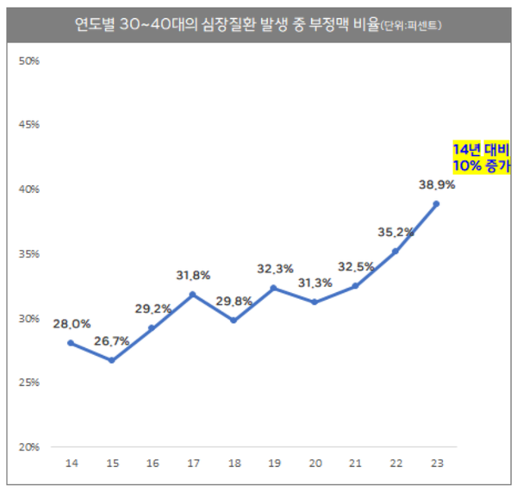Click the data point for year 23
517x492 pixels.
point(437,203)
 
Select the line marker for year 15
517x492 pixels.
point(111,360)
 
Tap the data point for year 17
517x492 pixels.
point(193,294)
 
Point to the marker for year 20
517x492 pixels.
point(315,302)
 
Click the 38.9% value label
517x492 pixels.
point(436,184)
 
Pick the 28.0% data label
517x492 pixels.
point(72,323)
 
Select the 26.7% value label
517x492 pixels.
point(111,341)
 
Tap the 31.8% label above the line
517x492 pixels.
point(192,276)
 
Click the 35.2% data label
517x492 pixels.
point(396,231)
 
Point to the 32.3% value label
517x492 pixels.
point(274,269)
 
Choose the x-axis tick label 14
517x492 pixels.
point(71,464)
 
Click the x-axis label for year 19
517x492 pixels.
point(274,464)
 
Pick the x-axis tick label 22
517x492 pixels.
point(396,464)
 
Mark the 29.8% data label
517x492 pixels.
point(234,301)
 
